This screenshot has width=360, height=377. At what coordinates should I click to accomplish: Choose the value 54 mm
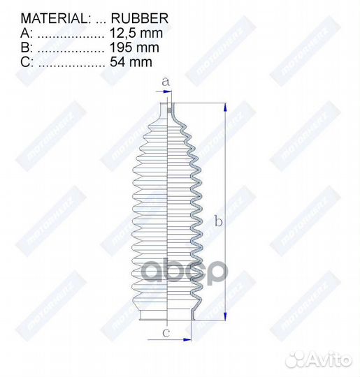coord(131,62)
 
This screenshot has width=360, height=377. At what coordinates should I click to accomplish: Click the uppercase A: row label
coord(26,33)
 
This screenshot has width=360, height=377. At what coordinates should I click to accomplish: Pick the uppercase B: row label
coord(26,47)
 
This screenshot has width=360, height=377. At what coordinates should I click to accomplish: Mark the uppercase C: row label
coord(26,62)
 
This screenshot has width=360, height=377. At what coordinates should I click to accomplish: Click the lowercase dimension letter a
coord(166,82)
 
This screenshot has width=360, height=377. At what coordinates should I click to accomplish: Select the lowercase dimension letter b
coord(218,222)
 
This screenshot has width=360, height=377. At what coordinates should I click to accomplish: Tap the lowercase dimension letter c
coord(166,332)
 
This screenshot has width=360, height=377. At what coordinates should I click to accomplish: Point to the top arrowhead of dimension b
coord(225,108)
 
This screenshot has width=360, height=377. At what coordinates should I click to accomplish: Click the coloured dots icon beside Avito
coord(300,360)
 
